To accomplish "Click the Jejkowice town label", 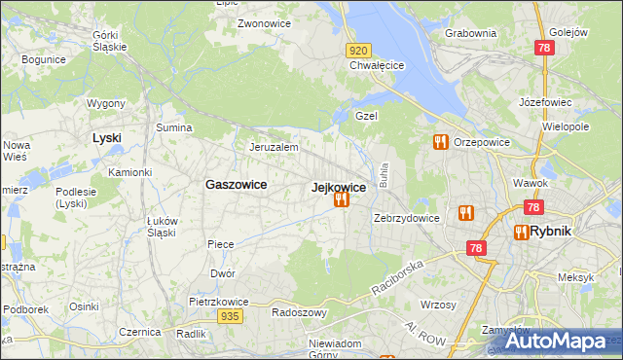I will click(x=338, y=188).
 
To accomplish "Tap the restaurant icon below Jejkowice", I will click(x=341, y=200).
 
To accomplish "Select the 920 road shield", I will click(x=358, y=51).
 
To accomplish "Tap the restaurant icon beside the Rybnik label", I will click(x=521, y=232).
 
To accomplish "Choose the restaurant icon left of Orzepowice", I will click(x=440, y=142).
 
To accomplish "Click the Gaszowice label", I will click(x=237, y=184).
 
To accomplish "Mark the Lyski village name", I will click(x=106, y=138).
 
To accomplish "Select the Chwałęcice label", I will click(x=377, y=66).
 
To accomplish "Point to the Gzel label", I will click(x=366, y=115).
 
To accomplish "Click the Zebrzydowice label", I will click(x=407, y=218).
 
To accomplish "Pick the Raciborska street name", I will click(x=398, y=278).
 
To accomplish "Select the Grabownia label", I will click(x=470, y=32).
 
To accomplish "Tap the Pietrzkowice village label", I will click(x=215, y=302).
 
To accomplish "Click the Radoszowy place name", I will click(x=299, y=313).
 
